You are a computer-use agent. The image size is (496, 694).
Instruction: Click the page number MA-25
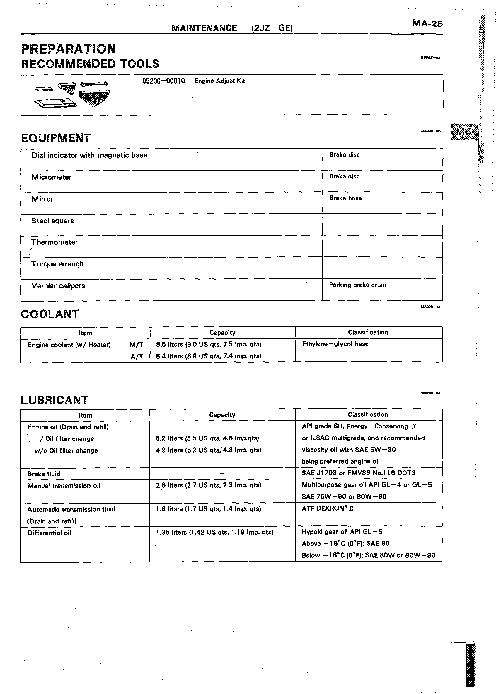[427, 23]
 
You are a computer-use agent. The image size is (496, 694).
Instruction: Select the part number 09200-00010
[163, 81]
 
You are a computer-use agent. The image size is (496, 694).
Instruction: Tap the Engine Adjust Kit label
[220, 81]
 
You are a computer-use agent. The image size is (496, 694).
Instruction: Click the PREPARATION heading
[69, 49]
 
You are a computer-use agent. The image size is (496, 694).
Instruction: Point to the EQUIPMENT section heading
[56, 138]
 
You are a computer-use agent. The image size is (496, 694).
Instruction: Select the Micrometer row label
[51, 177]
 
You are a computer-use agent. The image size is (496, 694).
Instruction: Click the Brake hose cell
[345, 198]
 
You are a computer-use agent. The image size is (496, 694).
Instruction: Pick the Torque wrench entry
[57, 264]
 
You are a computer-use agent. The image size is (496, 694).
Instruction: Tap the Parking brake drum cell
[357, 285]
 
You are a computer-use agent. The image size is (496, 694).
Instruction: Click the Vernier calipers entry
[58, 286]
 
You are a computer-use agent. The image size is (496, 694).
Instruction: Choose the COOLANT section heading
[50, 314]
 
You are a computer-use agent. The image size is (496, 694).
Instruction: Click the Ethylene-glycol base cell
[335, 344]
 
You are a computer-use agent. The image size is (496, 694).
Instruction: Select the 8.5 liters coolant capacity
[209, 345]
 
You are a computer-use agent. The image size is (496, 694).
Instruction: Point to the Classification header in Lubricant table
[368, 414]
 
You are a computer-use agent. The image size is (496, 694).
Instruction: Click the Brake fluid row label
[44, 474]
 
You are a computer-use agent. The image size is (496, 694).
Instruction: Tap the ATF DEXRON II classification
[328, 508]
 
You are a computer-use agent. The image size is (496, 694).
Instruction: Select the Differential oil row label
[49, 533]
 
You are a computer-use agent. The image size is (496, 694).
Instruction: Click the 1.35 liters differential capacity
[214, 533]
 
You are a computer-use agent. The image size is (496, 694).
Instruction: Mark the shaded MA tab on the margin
[464, 132]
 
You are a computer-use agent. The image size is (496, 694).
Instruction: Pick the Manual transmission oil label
[64, 486]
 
